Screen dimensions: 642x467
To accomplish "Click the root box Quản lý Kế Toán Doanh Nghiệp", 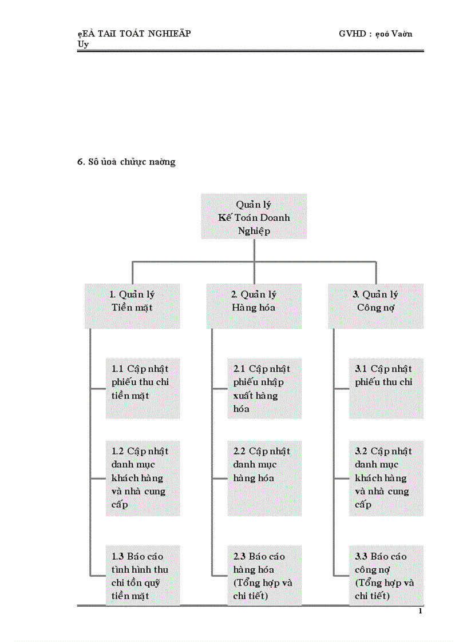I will point(254,217).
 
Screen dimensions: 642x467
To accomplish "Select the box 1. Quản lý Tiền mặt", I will point(132,306).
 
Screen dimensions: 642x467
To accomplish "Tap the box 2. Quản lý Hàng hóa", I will point(254,306).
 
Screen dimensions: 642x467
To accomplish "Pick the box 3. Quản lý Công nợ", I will point(375,306).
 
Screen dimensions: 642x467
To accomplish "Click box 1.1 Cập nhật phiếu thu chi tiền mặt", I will point(143,388).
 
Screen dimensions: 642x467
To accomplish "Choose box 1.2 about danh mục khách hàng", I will point(143,478).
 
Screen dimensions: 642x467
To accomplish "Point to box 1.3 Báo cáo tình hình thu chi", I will point(143,575).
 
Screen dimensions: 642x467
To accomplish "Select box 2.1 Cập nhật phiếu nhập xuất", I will point(264,388).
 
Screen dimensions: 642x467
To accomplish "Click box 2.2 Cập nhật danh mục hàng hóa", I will point(264,478).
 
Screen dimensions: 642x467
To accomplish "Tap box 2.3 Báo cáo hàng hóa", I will point(264,575).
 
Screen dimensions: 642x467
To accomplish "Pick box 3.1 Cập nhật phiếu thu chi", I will point(386,388).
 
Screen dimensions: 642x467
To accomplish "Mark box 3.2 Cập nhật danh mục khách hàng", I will point(386,478).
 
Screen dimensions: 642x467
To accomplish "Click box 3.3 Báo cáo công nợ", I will point(386,575).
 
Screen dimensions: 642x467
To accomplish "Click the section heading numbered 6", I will point(126,162).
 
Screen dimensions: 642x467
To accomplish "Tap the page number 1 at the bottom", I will point(421,612).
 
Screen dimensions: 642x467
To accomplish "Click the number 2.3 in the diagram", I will point(240,556).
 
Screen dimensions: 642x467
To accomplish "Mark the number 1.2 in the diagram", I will point(118,452).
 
